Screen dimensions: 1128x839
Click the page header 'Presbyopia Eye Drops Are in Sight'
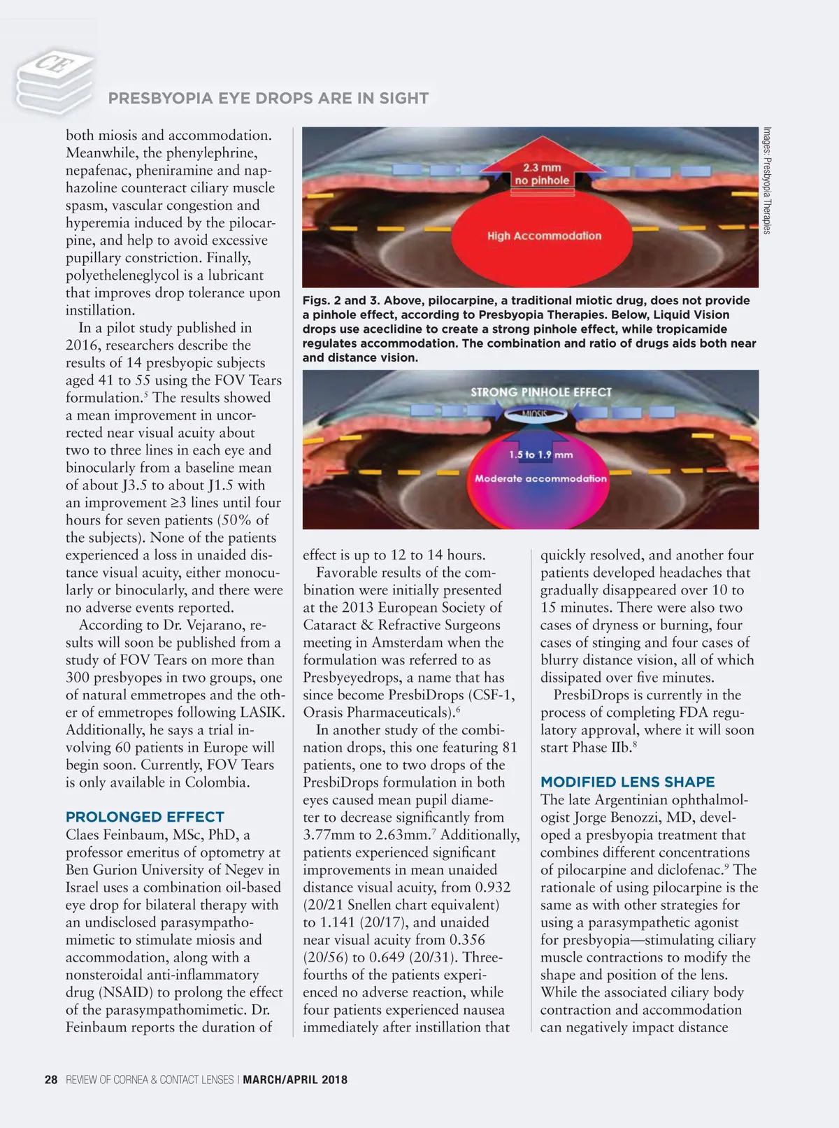268,99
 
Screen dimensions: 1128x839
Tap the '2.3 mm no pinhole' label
542,174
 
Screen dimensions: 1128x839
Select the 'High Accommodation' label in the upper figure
544,236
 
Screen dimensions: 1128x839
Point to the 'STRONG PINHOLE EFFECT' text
540,392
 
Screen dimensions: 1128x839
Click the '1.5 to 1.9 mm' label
540,455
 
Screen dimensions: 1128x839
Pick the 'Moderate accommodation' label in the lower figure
540,479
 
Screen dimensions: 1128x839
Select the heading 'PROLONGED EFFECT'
145,817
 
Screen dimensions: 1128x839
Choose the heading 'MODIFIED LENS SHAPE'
627,782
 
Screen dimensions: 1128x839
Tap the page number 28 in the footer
51,1080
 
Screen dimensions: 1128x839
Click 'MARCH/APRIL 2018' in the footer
295,1080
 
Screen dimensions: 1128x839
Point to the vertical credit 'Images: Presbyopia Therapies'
767,180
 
